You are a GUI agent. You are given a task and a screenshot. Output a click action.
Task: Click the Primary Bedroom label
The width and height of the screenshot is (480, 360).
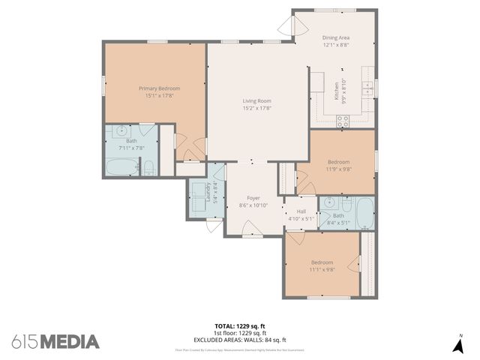pyautogui.click(x=159, y=88)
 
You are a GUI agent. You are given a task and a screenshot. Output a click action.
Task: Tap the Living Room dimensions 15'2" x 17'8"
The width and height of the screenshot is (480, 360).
pyautogui.click(x=256, y=108)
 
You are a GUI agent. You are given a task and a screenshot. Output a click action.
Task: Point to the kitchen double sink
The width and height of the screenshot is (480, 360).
pyautogui.click(x=367, y=87)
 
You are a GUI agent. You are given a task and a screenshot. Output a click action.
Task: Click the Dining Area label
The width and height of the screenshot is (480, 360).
pyautogui.click(x=336, y=37)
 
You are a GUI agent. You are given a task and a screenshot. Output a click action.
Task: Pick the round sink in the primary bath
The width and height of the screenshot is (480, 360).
pyautogui.click(x=120, y=131)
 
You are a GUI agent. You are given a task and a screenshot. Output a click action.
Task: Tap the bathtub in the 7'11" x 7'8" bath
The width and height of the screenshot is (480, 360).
pyautogui.click(x=121, y=166)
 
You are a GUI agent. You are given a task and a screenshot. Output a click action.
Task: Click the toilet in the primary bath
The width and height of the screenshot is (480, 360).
pyautogui.click(x=148, y=167)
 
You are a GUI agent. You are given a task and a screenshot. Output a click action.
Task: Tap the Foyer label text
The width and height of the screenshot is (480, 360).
pyautogui.click(x=253, y=198)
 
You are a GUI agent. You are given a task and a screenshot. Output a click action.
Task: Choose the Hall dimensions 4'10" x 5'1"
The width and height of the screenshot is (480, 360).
pyautogui.click(x=301, y=220)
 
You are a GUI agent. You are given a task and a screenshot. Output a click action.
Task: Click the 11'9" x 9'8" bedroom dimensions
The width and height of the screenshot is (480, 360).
pyautogui.click(x=339, y=169)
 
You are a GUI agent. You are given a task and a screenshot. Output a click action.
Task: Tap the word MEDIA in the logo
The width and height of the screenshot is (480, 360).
pyautogui.click(x=70, y=342)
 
